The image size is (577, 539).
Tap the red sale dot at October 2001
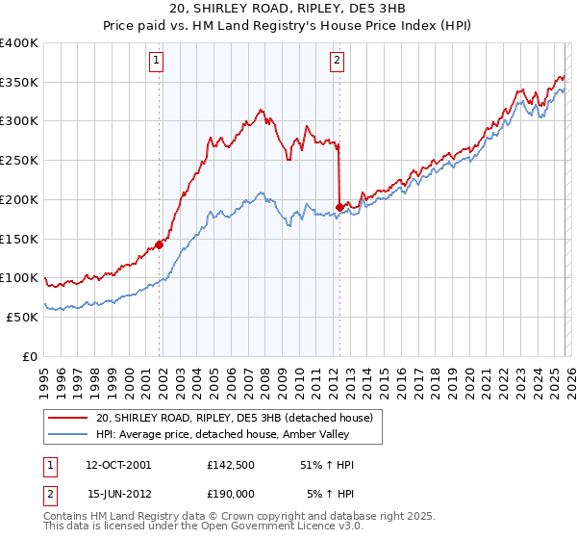point(160,244)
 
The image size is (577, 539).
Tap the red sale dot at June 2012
point(339,207)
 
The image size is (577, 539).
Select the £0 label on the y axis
point(31,356)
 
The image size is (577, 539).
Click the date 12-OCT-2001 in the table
point(118,465)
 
